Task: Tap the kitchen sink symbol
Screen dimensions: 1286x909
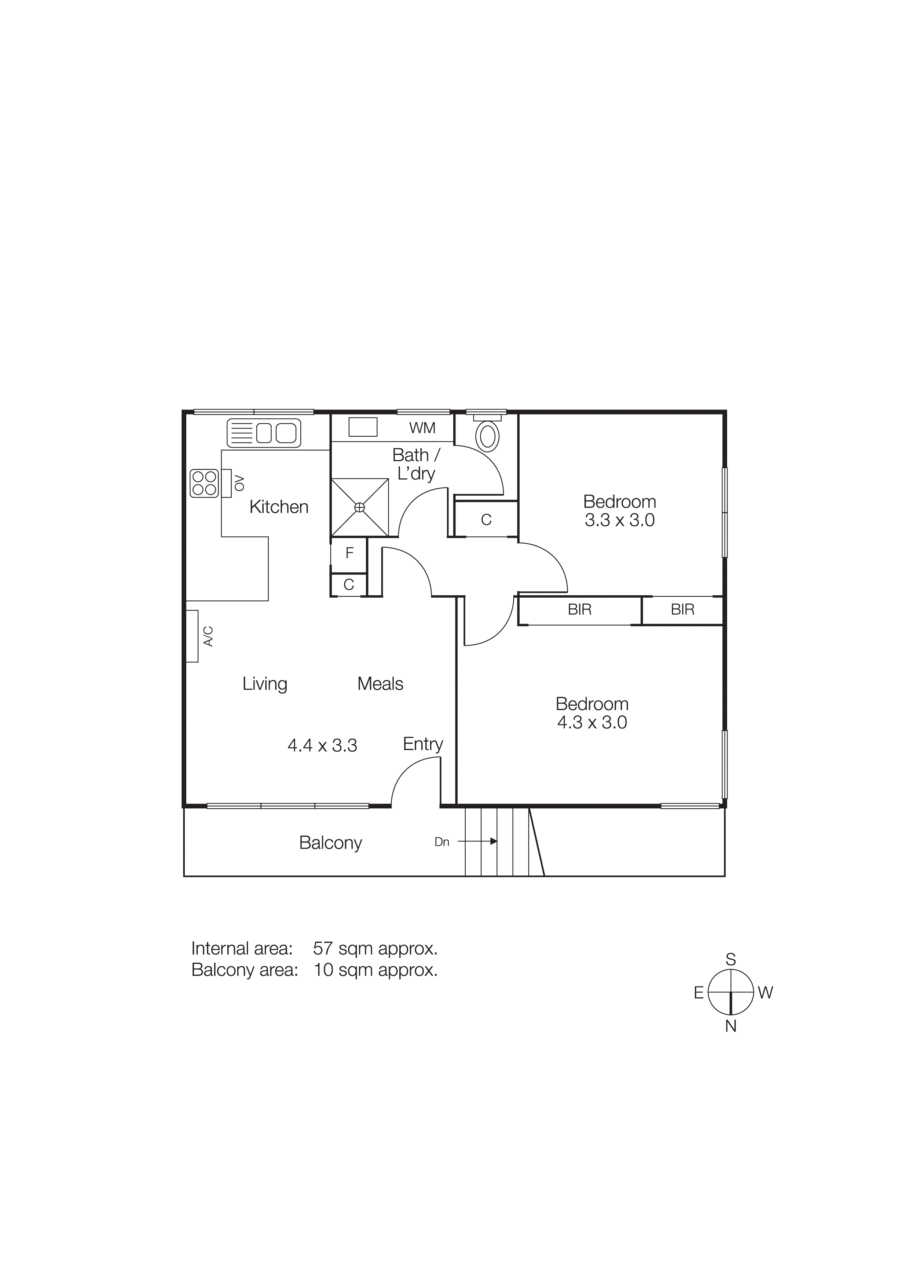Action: click(264, 433)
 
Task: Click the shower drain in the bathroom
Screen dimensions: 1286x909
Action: click(360, 507)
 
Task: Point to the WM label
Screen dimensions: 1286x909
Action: click(422, 428)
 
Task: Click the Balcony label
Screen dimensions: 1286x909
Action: click(330, 842)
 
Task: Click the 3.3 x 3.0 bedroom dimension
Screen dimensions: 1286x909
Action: click(619, 520)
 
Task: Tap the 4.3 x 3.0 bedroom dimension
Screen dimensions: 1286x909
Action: click(592, 723)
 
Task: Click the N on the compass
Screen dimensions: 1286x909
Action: click(730, 1026)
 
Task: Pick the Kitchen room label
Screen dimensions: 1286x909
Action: click(279, 507)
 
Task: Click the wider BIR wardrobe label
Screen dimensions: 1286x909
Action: click(579, 609)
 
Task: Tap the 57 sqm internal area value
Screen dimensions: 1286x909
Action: click(375, 948)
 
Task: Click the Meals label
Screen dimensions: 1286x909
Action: click(380, 684)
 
